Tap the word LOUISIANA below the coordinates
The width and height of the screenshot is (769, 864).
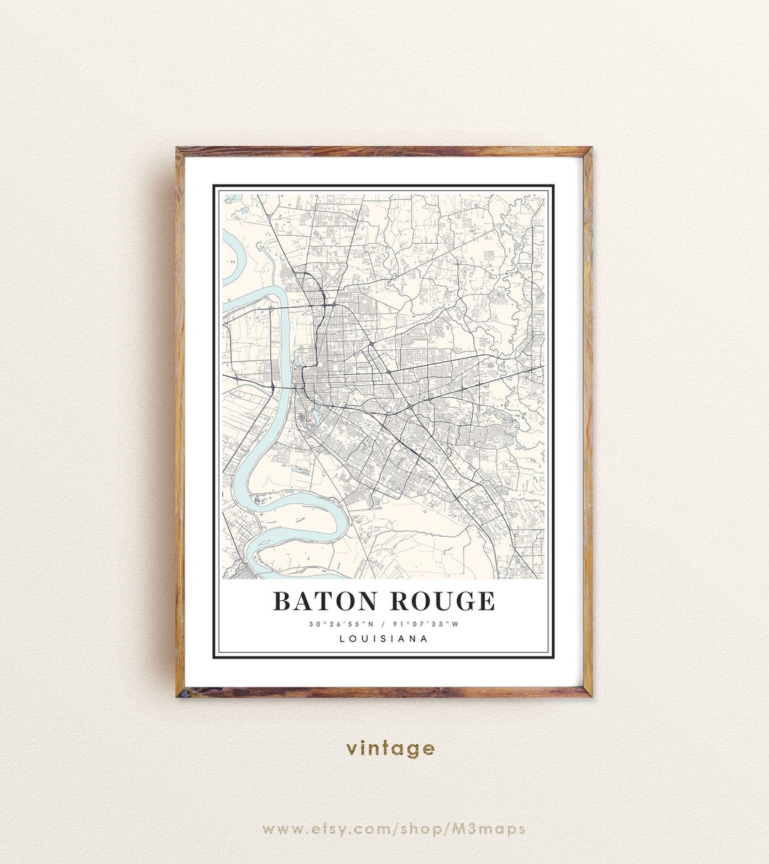[384, 639]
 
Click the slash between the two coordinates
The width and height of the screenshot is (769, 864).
[384, 624]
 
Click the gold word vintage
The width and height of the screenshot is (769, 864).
[390, 749]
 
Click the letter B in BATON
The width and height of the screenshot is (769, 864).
[282, 601]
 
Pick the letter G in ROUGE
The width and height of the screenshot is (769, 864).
[462, 601]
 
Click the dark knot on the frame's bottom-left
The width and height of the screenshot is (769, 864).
[183, 691]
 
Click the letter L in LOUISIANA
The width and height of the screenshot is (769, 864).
[342, 639]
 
